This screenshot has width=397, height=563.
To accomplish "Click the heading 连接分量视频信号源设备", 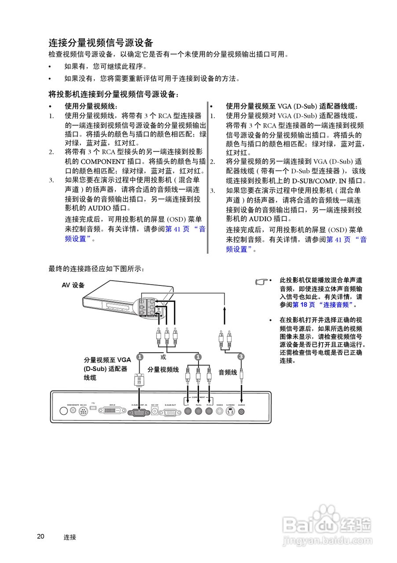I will pos(101,43).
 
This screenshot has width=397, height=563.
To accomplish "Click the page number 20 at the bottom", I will pos(40,536).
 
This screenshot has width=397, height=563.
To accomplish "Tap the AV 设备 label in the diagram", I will pos(73,285).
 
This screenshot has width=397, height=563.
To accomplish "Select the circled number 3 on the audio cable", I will pos(241,357).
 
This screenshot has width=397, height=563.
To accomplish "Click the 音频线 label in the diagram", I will pos(228,372).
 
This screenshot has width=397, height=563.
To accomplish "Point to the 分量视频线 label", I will pos(163,369).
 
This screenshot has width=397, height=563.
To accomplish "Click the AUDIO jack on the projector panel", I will pos(241,412).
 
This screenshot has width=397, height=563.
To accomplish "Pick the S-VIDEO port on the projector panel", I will pos(230,412).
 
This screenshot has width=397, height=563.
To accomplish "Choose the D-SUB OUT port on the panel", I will pos(170,412).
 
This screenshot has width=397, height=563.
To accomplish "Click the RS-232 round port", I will pos(83,412).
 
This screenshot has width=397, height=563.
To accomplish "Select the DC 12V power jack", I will pos(155,411).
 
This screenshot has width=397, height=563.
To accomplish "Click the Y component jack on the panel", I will pos(188,412).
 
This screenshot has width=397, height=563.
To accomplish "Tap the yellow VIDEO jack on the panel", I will pos(219,412).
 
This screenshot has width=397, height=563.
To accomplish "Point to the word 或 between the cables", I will pos(163,356).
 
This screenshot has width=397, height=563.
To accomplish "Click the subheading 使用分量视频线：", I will pos(91,106).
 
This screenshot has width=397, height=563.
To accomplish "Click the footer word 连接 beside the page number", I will pos(70,537).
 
